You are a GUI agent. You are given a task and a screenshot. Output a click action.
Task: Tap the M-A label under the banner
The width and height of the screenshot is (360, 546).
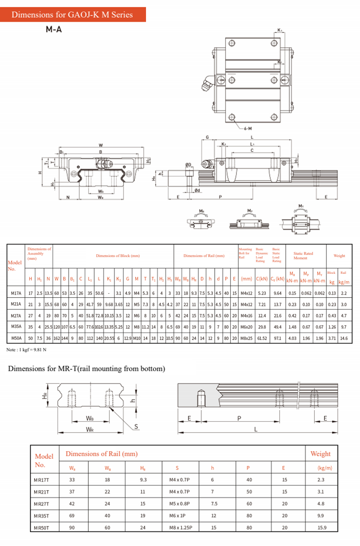[54, 29]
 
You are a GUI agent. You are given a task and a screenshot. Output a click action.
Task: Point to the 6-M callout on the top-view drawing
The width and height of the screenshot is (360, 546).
[248, 128]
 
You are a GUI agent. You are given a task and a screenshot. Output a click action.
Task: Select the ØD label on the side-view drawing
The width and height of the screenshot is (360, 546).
[188, 165]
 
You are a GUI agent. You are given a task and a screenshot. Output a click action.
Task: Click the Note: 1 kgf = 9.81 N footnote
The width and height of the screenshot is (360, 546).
[26, 349]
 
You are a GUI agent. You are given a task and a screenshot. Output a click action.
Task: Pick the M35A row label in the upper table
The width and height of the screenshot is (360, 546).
[16, 327]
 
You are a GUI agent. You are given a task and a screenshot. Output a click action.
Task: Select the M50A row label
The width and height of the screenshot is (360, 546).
[16, 338]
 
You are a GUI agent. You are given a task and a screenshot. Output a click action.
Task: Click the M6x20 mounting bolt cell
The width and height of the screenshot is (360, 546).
[246, 327]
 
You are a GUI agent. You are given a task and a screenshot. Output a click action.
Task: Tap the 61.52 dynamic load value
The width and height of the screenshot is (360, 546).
[262, 338]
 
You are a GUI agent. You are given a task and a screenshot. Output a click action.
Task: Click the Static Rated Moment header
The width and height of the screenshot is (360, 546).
[303, 256]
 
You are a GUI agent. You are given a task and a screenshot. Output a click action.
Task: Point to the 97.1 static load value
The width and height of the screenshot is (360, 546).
[278, 338]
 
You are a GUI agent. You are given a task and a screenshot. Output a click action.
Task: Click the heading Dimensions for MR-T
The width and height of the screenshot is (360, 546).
[86, 369]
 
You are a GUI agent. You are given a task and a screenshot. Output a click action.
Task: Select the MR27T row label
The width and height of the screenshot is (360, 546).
[41, 504]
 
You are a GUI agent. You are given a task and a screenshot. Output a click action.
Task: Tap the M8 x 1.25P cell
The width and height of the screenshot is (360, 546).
[180, 528]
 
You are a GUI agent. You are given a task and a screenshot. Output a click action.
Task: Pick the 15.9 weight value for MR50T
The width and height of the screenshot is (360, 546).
[322, 528]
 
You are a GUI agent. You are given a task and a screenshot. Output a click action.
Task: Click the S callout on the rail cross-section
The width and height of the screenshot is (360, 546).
[136, 427]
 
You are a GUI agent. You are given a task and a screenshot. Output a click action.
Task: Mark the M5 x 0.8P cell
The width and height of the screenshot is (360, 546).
[179, 504]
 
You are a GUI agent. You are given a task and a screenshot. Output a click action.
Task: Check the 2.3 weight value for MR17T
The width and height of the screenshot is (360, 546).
[321, 480]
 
